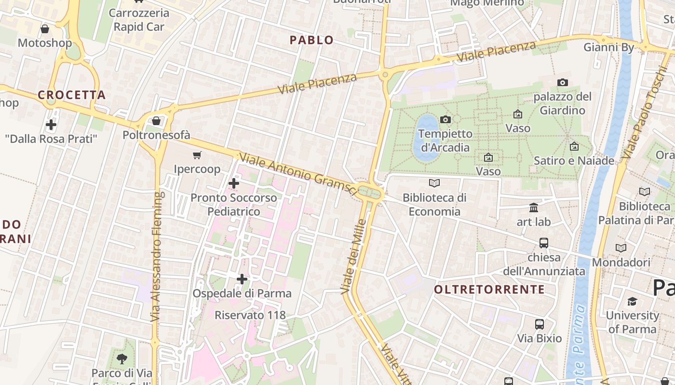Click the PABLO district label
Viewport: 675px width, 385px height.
[x=311, y=40]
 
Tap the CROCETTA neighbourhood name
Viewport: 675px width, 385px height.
[x=72, y=95]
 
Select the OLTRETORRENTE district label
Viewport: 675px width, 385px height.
[x=489, y=289]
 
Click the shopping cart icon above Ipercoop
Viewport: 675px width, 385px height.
[x=197, y=155]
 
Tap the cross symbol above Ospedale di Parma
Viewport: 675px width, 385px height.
[x=242, y=279]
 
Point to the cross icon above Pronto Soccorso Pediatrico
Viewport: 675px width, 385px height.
[x=234, y=183]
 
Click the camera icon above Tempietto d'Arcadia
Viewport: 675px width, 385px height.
[x=445, y=119]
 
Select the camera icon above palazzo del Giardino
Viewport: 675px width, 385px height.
[x=562, y=83]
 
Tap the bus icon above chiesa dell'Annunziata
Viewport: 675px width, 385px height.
[x=544, y=243]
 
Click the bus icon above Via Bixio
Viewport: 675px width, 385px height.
[x=540, y=324]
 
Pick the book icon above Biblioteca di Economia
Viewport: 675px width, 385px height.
[x=434, y=183]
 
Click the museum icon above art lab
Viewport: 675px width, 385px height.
[x=534, y=208]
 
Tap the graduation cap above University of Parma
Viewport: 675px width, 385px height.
[x=632, y=301]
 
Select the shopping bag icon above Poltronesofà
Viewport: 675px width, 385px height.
[x=156, y=121]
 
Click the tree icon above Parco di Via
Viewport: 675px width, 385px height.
[x=122, y=358]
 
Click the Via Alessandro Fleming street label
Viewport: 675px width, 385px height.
[x=155, y=257]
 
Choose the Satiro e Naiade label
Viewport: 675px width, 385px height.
[x=574, y=161]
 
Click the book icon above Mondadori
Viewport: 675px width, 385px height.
[x=621, y=248]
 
